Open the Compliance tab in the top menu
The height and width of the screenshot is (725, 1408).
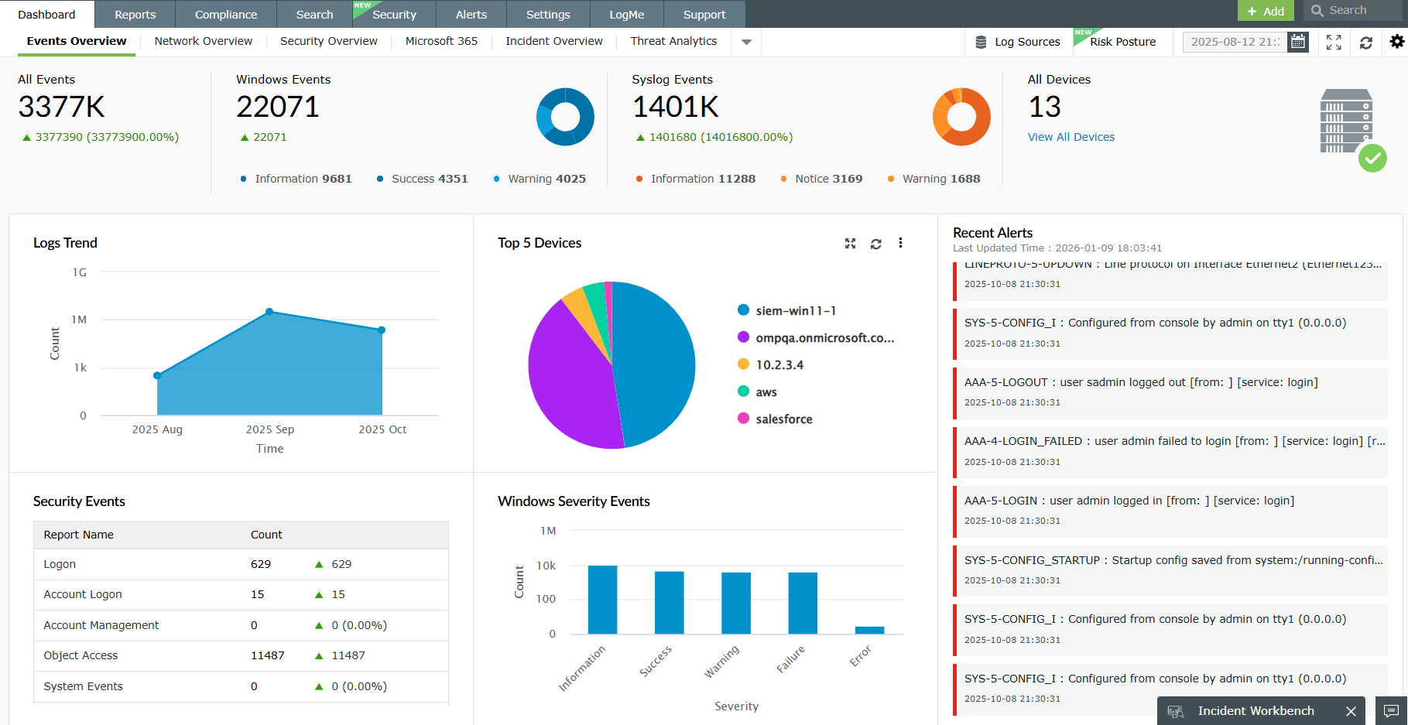(x=225, y=15)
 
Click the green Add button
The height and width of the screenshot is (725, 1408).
(x=1266, y=11)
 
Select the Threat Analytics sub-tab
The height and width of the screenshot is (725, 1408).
(x=673, y=41)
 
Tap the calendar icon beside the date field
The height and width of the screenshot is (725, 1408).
(x=1298, y=42)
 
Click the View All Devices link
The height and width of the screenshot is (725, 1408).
(x=1071, y=137)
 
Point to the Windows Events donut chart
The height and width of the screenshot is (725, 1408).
(x=565, y=117)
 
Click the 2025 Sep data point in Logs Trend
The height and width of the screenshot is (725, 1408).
(x=269, y=312)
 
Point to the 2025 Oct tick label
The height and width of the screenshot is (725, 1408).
(x=382, y=429)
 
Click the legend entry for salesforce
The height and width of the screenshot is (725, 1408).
(x=783, y=419)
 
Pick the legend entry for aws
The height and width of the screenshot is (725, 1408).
(x=766, y=392)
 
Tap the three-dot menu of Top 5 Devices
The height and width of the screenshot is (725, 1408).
(x=900, y=243)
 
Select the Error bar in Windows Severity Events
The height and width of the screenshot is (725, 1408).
(x=869, y=630)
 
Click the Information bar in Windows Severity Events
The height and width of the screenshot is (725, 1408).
(x=602, y=600)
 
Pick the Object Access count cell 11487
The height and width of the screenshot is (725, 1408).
(x=268, y=655)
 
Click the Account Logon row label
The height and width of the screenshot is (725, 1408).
(x=83, y=594)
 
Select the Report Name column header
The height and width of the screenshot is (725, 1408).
(x=79, y=535)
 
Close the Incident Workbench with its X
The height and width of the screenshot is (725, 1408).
(x=1351, y=711)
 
